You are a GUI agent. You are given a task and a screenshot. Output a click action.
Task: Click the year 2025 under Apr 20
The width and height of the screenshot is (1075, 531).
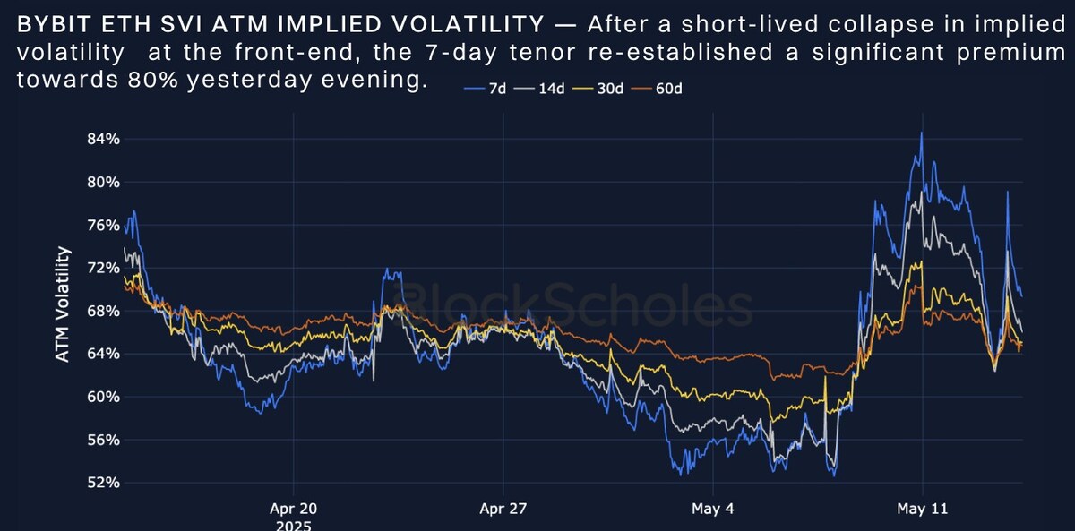293,526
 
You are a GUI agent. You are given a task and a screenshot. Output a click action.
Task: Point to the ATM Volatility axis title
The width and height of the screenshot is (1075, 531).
63,304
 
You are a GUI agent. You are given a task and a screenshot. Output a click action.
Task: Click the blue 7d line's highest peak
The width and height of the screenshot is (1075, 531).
921,133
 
